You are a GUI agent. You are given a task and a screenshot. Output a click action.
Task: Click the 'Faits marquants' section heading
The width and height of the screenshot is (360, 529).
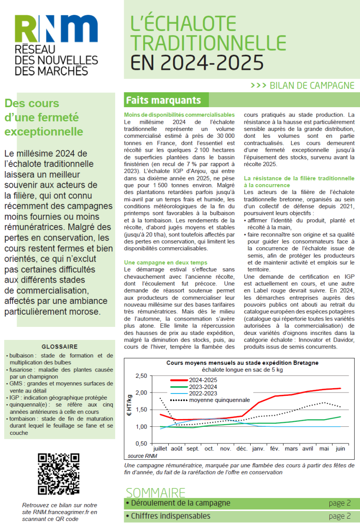click(163, 99)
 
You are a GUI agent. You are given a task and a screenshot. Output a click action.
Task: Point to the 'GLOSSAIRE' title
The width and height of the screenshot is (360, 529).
click(59, 347)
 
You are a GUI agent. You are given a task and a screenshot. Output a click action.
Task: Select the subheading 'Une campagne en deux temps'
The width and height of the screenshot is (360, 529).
click(166, 262)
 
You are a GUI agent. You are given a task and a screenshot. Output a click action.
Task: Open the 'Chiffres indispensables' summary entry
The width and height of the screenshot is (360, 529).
click(168, 516)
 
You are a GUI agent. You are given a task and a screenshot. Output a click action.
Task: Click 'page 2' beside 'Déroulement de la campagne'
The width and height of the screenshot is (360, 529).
click(339, 503)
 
